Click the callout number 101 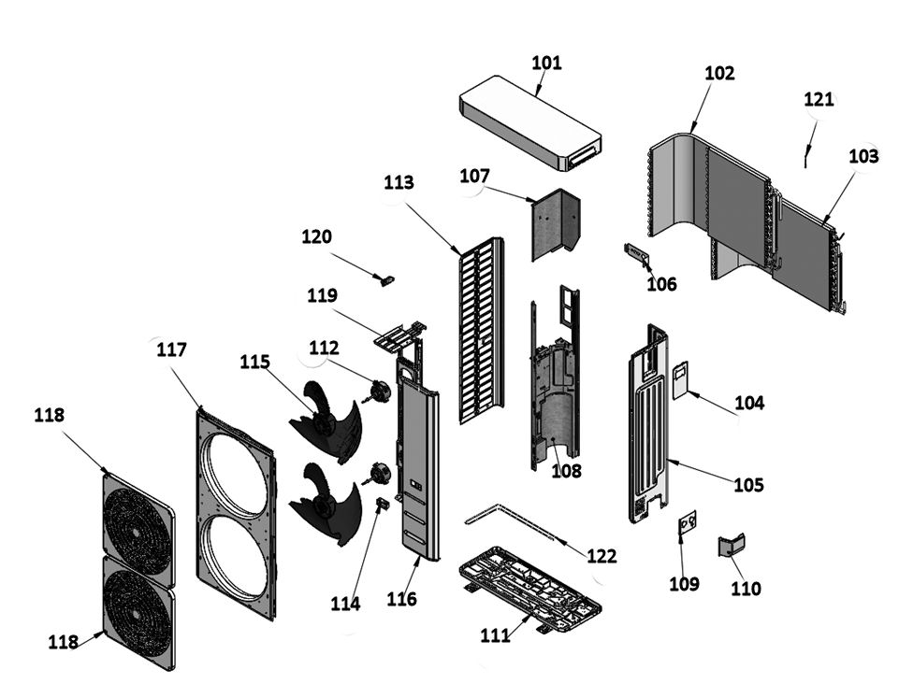[546, 63]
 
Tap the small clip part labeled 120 [384, 278]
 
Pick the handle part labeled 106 [636, 253]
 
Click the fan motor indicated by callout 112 [379, 392]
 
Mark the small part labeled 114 [382, 505]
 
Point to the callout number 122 [602, 556]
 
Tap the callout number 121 [819, 99]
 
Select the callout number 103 [863, 156]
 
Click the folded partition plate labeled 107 [555, 225]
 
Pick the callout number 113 [399, 182]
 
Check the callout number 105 [748, 485]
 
